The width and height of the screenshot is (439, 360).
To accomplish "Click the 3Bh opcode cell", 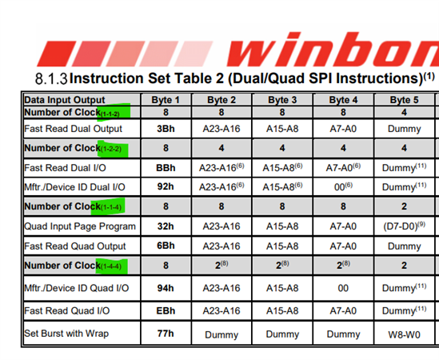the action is (x=166, y=129).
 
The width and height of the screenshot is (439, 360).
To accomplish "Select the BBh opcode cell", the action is (x=166, y=168).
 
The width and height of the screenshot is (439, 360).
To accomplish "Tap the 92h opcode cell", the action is (x=166, y=186).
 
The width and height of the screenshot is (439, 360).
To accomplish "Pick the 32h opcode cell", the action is (x=166, y=226).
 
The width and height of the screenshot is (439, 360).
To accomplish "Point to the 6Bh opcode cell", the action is (x=166, y=246).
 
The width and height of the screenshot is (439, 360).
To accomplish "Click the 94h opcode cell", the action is (x=166, y=288).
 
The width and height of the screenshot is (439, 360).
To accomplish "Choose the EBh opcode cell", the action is (x=166, y=310).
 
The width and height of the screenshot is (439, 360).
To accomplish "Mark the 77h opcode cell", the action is (x=166, y=334).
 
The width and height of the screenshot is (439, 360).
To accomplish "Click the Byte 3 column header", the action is (x=282, y=100).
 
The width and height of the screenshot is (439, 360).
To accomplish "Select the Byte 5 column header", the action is (x=404, y=100).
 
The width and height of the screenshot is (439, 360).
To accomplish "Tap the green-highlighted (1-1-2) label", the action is (x=110, y=114).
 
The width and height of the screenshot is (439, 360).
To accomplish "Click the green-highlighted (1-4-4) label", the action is (x=111, y=266).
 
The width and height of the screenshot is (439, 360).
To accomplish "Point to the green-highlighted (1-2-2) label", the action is (x=111, y=149).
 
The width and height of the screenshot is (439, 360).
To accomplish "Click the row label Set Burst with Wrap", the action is (x=66, y=334).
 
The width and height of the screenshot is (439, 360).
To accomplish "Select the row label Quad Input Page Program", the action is (x=80, y=226).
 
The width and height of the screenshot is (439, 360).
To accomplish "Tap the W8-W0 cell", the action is (x=404, y=334).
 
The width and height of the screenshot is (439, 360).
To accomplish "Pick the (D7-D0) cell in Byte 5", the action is (x=404, y=226).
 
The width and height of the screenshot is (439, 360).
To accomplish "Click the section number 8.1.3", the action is (x=51, y=78).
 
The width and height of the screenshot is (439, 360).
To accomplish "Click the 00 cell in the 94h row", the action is (x=343, y=288).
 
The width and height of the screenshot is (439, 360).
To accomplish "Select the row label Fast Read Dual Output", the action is (x=73, y=129).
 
